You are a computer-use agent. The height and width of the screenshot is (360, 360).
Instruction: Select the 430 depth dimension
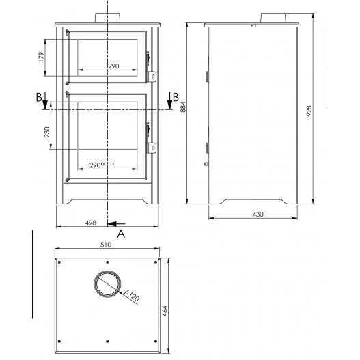coord(258,214)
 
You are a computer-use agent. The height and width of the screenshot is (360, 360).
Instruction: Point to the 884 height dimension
coord(183,112)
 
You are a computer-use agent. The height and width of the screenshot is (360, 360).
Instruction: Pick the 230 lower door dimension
coord(46,131)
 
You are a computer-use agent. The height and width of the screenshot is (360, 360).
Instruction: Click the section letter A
coord(121,234)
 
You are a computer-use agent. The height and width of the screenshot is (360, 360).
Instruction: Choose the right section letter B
coord(175,96)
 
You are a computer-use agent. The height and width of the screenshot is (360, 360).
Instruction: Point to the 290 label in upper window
coord(113,66)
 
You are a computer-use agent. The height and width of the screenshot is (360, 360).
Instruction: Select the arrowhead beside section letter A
coord(112,223)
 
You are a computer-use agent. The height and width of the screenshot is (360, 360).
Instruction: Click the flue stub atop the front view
coord(108,16)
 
